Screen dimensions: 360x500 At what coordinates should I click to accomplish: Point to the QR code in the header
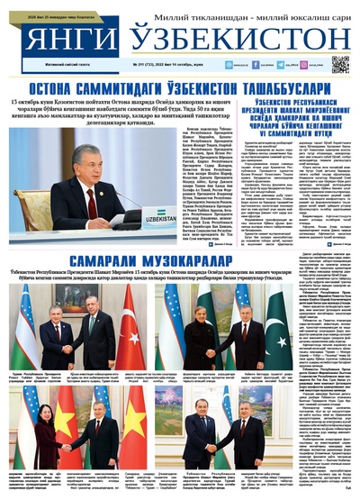pos(339,64)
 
